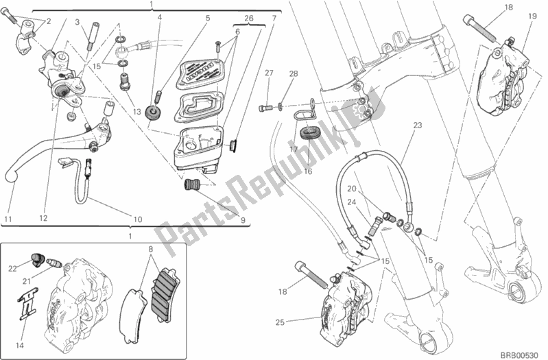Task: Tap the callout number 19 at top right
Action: tap(532, 16)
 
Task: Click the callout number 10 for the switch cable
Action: tap(137, 219)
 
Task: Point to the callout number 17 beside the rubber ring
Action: tap(293, 148)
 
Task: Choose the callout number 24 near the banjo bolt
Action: tap(350, 202)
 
